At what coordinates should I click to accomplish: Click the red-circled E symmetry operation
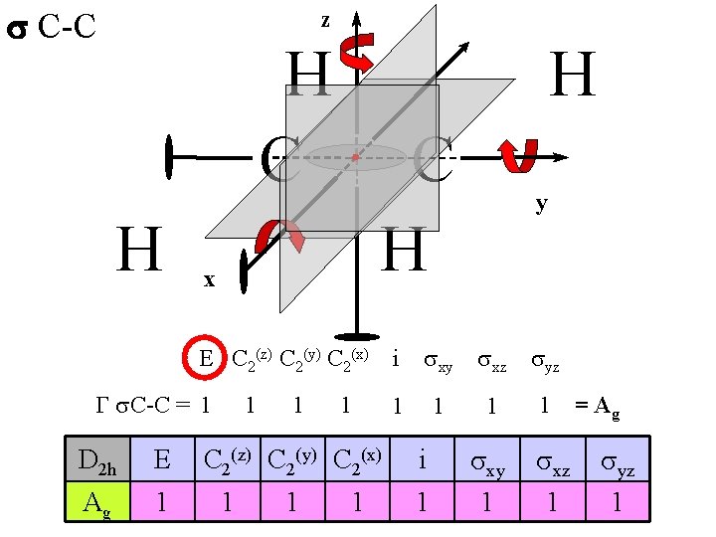tap(206, 358)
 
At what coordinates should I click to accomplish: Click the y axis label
tap(541, 205)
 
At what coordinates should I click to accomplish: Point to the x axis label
tap(209, 280)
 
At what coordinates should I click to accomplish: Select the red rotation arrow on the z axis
tap(356, 54)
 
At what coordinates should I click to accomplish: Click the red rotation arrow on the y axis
tap(517, 156)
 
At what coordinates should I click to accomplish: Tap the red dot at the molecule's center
tap(355, 157)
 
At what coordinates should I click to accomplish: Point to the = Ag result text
tap(598, 407)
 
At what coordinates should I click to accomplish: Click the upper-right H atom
tap(574, 76)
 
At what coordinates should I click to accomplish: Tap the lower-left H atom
tap(139, 250)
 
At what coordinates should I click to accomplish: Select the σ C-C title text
tap(52, 27)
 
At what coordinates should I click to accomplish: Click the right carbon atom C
tap(433, 160)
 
